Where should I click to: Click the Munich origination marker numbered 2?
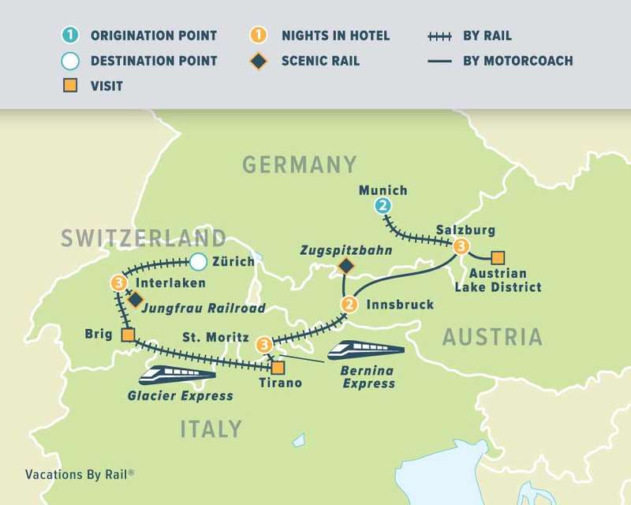(383, 207)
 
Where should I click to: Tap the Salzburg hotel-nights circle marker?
(461, 246)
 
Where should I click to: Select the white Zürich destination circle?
(198, 261)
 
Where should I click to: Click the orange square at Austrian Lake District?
(497, 257)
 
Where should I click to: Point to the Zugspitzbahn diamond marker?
(345, 267)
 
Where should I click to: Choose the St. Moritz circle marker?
(264, 344)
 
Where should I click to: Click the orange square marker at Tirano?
(278, 367)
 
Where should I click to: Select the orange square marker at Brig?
(127, 336)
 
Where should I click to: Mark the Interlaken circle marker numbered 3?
(118, 282)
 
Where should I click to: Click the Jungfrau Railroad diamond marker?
(135, 299)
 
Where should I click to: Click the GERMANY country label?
(300, 164)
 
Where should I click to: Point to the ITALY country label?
(211, 428)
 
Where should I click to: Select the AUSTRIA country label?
(492, 337)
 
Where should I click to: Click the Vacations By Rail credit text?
(79, 475)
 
